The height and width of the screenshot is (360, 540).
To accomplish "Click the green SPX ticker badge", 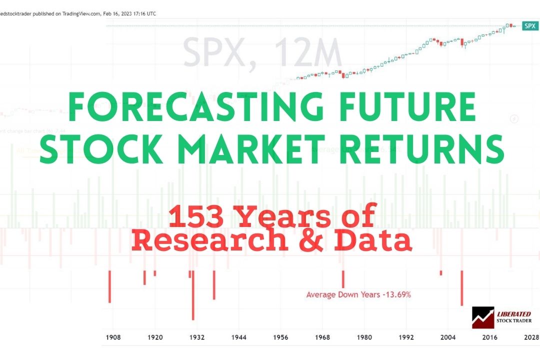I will coord(529,26).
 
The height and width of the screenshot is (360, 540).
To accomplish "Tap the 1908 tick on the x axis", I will coord(113,337).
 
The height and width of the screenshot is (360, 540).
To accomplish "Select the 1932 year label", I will coord(197,337).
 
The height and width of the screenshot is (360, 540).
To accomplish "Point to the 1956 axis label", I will coord(280,337).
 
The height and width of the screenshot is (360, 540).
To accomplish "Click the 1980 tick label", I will coord(364,337).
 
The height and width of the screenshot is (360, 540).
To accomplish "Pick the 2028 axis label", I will coord(529,337).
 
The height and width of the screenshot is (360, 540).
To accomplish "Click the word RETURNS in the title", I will coord(423,148).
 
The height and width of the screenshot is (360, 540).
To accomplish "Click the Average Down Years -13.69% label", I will coord(358,295).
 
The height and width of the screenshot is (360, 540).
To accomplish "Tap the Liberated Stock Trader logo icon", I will coord(483,317).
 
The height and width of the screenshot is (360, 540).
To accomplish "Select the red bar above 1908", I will coord(109,286).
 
